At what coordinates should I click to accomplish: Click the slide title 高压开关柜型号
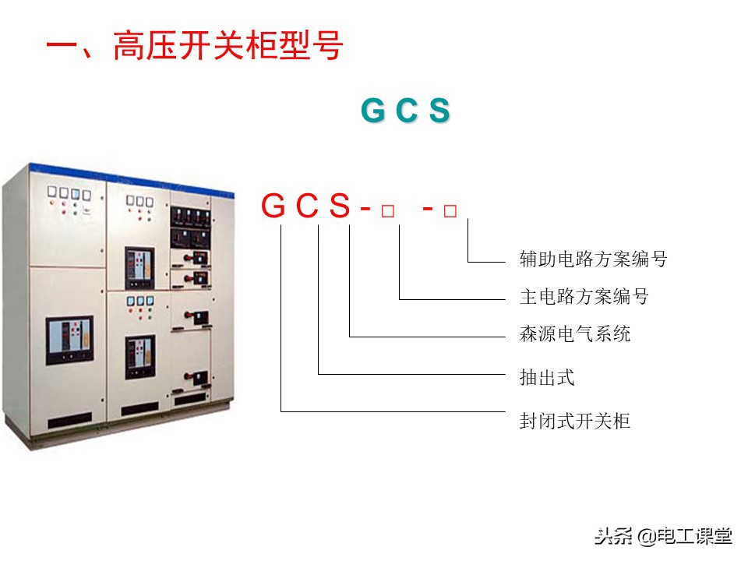click(228, 46)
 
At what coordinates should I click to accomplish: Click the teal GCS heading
click(405, 112)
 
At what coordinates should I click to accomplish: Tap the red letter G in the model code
click(275, 206)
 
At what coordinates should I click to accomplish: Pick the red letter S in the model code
click(340, 206)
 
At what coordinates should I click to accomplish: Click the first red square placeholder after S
click(387, 211)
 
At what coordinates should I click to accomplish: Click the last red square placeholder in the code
click(450, 211)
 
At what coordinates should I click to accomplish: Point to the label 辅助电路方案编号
click(593, 259)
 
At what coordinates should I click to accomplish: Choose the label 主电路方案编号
click(584, 297)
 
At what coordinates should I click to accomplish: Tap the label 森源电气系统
click(574, 334)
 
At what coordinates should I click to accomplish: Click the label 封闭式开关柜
click(574, 422)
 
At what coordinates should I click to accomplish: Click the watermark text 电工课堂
click(695, 537)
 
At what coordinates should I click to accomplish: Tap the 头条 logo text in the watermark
click(612, 537)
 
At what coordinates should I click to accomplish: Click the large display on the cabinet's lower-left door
click(69, 340)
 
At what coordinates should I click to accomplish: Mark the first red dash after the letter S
click(365, 208)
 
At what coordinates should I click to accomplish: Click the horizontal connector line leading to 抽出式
click(413, 375)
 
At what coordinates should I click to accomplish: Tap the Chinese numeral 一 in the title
click(62, 46)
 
